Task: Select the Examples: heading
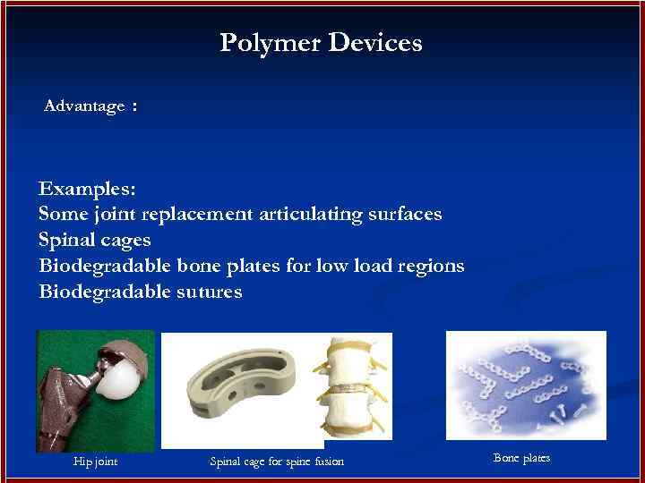pyautogui.click(x=88, y=189)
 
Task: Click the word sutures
pyautogui.click(x=209, y=292)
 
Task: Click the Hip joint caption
pyautogui.click(x=95, y=462)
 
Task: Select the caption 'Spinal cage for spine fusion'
pyautogui.click(x=276, y=462)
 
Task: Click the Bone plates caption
pyautogui.click(x=521, y=458)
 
